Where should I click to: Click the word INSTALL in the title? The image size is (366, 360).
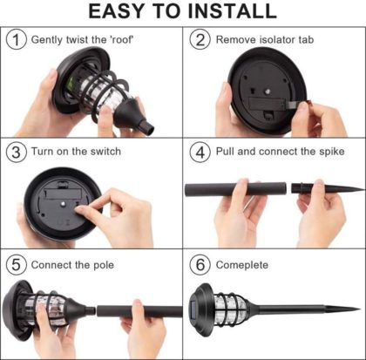[232, 11]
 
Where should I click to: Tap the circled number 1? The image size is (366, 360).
[17, 40]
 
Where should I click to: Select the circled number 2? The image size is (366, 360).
[200, 40]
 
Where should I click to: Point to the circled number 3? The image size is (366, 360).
[17, 152]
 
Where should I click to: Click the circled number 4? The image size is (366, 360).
[200, 152]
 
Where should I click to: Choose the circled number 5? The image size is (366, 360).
[17, 265]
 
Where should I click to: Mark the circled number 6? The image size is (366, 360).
[200, 265]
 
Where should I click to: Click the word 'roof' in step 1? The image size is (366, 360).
[121, 39]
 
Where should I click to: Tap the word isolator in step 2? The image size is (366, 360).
[277, 39]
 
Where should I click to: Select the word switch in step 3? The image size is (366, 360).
[105, 152]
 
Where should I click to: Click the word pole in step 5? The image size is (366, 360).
[104, 265]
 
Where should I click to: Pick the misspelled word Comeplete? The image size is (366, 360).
[242, 265]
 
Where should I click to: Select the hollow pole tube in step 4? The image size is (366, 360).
[235, 189]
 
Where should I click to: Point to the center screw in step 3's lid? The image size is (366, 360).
[63, 204]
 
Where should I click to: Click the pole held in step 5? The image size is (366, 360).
[139, 311]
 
